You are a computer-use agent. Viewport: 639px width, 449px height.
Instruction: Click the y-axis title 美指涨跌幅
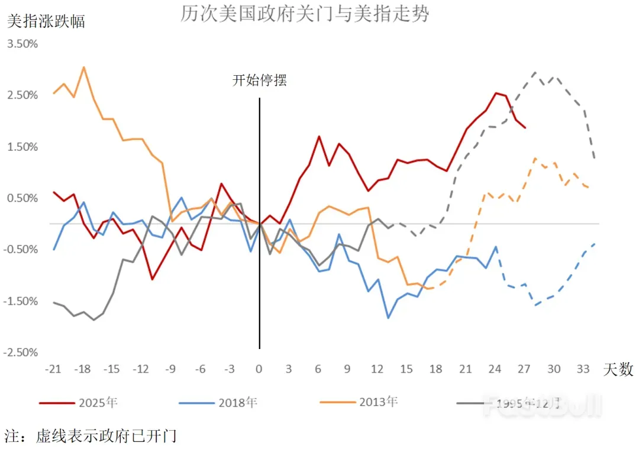click(46, 22)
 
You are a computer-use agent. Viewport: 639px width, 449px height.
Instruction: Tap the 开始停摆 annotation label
click(259, 80)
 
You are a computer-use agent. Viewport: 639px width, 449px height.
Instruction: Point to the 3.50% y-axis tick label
click(22, 44)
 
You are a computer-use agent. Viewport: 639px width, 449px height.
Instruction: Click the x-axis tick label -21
click(53, 369)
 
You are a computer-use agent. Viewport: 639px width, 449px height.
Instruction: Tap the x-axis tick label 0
click(259, 369)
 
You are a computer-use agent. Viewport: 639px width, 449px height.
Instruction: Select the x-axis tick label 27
click(524, 369)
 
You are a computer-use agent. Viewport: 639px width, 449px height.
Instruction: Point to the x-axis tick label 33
click(583, 369)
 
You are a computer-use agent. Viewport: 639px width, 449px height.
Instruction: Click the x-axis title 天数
click(618, 370)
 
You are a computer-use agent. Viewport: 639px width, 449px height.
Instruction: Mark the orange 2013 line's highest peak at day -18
click(83, 67)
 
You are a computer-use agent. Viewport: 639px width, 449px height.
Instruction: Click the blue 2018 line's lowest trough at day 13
click(388, 318)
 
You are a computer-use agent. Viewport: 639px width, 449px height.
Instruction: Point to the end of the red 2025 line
click(525, 127)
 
